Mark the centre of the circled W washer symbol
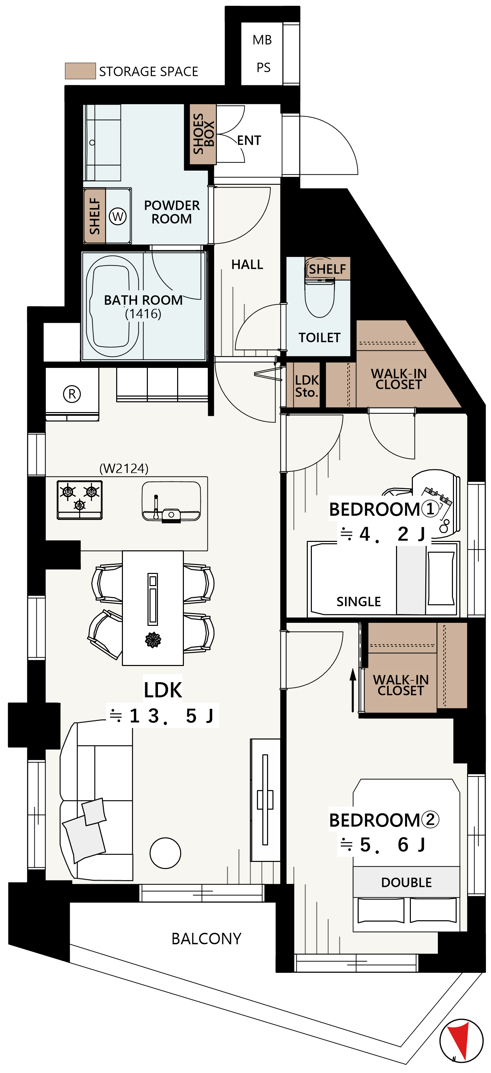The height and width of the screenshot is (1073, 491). click(x=118, y=216)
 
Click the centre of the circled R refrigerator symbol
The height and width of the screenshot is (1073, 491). click(x=72, y=394)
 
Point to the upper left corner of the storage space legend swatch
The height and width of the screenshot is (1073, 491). click(x=65, y=63)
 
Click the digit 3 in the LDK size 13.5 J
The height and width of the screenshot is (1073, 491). click(x=154, y=716)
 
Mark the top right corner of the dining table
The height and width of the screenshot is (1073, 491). click(x=183, y=551)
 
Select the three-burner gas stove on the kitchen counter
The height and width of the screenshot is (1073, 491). click(x=79, y=500)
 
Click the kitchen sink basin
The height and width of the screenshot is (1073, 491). click(x=171, y=501)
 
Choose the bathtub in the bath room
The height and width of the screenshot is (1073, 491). click(x=112, y=306)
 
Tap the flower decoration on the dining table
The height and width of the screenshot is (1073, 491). click(x=153, y=640)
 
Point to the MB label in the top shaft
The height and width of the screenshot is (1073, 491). click(x=262, y=40)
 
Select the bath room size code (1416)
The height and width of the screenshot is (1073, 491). click(x=143, y=314)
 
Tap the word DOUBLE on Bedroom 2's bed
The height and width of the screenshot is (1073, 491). click(x=406, y=882)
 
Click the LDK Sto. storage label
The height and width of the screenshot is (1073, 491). click(x=307, y=386)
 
